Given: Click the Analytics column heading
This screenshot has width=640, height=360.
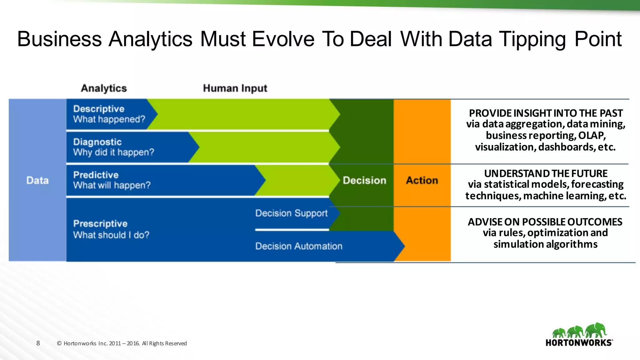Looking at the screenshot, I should point(104,88).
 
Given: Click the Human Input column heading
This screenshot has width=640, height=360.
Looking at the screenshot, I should point(235,88).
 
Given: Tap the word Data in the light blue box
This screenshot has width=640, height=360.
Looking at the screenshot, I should point(37,180).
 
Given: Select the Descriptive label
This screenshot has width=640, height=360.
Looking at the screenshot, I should point(99,109).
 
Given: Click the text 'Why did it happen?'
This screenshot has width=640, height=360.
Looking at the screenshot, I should point(114,152).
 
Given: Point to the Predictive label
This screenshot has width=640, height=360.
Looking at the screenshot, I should point(96,175).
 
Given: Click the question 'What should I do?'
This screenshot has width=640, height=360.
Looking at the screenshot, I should point(111,235).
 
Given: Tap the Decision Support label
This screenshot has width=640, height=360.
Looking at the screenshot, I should point(291,213).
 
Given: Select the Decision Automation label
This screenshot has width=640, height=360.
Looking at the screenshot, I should point(299,246).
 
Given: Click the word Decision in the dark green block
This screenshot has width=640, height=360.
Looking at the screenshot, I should point(364,180).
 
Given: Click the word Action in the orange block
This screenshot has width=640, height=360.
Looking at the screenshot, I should point(422,180).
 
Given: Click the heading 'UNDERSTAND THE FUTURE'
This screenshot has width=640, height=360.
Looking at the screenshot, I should point(546,173).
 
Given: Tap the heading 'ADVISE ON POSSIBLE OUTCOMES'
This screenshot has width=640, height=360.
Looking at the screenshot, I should point(545,222).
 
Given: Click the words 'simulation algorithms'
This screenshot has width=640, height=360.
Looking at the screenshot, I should point(545,244).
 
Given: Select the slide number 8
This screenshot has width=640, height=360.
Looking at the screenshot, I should point(38,343).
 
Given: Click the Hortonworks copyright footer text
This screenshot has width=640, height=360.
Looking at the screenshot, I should point(122,343).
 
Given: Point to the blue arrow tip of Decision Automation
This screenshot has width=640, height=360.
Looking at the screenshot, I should point(401,246).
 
